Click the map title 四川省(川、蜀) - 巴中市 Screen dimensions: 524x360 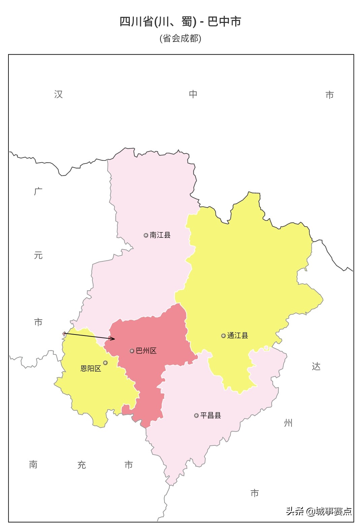pyautogui.click(x=180, y=22)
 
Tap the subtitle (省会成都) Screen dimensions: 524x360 pyautogui.click(x=180, y=38)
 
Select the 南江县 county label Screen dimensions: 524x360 pyautogui.click(x=160, y=235)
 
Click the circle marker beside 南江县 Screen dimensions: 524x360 pyautogui.click(x=146, y=235)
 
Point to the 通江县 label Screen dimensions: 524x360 pyautogui.click(x=238, y=336)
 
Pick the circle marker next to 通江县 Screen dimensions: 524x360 pyautogui.click(x=223, y=336)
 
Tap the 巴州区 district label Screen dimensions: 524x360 pyautogui.click(x=146, y=351)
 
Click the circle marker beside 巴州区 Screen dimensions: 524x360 pyautogui.click(x=132, y=351)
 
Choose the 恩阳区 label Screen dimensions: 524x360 pyautogui.click(x=91, y=369)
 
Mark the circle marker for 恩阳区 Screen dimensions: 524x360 pyautogui.click(x=105, y=363)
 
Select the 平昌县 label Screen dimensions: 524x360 pyautogui.click(x=211, y=415)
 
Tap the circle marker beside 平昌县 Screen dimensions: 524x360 pyautogui.click(x=196, y=416)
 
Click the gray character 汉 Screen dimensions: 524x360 pyautogui.click(x=58, y=94)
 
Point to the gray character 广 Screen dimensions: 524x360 pyautogui.click(x=38, y=191)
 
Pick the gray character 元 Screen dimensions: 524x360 pyautogui.click(x=38, y=255)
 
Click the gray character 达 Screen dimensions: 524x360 pyautogui.click(x=316, y=366)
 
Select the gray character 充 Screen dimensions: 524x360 pyautogui.click(x=82, y=465)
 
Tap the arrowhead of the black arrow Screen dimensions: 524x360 pyautogui.click(x=114, y=339)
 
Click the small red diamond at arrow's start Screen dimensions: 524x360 pyautogui.click(x=64, y=333)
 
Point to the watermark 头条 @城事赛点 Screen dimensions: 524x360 pyautogui.click(x=319, y=511)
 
